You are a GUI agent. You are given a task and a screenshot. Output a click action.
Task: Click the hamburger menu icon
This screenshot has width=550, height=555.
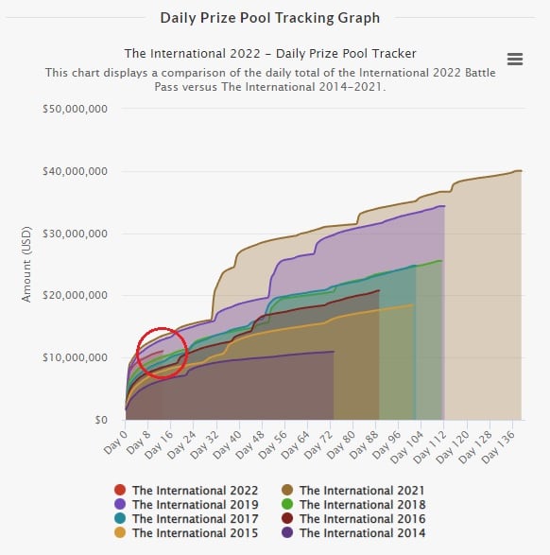pos(515,59)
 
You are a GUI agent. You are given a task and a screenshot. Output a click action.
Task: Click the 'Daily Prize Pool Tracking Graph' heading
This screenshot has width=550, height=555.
pos(270,17)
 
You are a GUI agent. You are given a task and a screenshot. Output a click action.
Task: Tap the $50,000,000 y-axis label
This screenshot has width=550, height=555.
pos(76,109)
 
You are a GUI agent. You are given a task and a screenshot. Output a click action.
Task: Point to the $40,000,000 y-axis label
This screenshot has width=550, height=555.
pos(76,171)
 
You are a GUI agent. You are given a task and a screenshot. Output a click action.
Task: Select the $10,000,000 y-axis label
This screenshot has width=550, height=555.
pos(76,357)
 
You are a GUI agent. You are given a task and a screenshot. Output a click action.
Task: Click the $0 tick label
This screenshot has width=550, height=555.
pos(102,419)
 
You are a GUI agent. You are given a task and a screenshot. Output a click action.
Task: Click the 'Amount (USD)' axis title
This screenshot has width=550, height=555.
pos(26,264)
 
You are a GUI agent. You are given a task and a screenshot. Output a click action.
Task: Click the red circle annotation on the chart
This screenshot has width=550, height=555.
pos(162,353)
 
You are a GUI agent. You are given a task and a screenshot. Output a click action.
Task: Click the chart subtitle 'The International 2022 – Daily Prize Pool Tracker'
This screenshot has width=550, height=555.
pos(270,53)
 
